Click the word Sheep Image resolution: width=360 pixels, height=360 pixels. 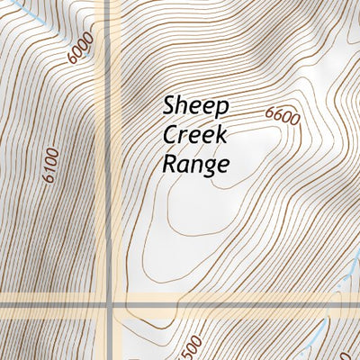196,107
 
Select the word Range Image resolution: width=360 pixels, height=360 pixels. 196,165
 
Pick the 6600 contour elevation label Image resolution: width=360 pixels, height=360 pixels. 282,115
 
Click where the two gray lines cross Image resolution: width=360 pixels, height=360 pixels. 109,308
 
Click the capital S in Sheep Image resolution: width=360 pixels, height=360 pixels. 169,105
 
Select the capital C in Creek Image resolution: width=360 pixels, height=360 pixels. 169,135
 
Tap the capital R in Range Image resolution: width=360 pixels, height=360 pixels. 169,164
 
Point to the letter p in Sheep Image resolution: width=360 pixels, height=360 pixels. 223,109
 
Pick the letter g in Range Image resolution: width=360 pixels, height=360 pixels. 211,167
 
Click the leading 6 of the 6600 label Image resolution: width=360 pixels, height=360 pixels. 269,111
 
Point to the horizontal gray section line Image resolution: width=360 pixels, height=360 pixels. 225,308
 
